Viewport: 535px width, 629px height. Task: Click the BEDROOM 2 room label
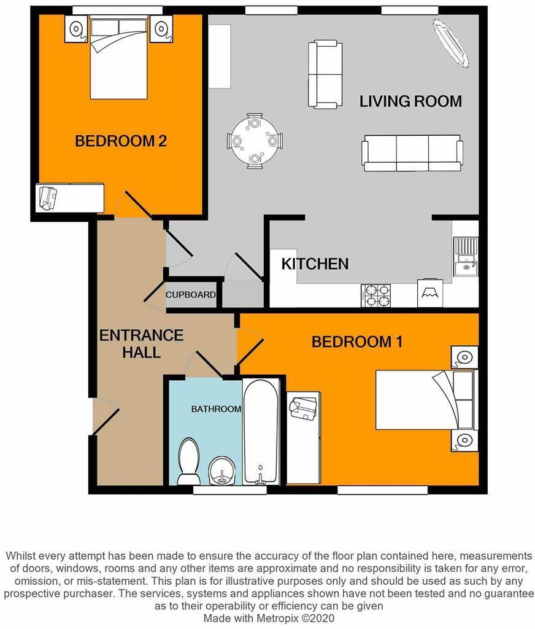121,141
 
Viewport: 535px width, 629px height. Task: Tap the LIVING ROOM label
410,101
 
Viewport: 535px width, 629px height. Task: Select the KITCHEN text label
315,264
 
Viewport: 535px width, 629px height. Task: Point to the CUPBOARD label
191,295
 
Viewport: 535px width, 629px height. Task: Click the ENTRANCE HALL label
141,344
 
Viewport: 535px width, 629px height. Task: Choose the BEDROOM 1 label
357,342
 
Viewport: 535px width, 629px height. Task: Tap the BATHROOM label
215,408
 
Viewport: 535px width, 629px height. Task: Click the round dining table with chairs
255,141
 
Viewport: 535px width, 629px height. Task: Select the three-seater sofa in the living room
412,153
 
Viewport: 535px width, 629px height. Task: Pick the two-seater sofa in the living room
325,74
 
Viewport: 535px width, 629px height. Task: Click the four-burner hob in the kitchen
376,295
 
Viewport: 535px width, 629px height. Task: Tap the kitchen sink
466,266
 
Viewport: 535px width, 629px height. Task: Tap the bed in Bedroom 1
425,400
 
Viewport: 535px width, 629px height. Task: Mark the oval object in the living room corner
451,43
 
